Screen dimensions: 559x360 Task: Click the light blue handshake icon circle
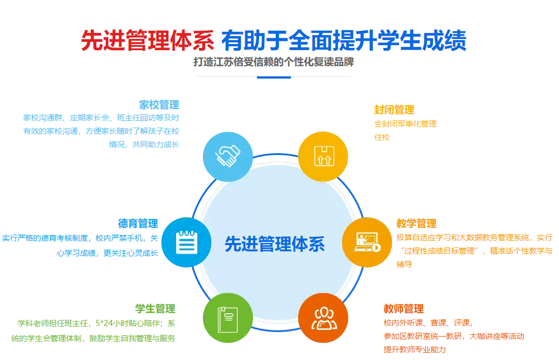coord(228,157)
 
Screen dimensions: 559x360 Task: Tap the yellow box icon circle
coord(323,157)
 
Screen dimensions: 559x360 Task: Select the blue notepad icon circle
coord(187,242)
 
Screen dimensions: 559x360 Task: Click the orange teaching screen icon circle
coord(367,242)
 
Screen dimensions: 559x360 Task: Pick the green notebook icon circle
coord(228,318)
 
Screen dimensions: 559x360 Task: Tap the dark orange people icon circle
coord(323,318)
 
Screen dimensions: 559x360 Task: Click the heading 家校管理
coord(159,105)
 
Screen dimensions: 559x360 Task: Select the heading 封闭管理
coord(394,110)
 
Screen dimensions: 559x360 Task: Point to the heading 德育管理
coord(138,223)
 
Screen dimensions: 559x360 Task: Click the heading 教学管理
coord(416,223)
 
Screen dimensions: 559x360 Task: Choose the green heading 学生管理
coord(155,309)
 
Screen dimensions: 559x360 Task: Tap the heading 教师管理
coord(404,309)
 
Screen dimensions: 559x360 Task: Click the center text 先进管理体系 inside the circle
coord(275,244)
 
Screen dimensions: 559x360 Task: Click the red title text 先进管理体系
coord(148,40)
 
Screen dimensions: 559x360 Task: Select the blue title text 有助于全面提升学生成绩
coord(344,40)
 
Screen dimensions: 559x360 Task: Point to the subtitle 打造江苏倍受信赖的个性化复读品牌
coord(274,62)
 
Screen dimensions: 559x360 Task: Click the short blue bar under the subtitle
coord(274,77)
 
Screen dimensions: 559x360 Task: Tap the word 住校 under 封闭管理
coord(382,137)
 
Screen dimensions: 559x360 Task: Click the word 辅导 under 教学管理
coord(404,264)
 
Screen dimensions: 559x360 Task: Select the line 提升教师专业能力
coord(415,349)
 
